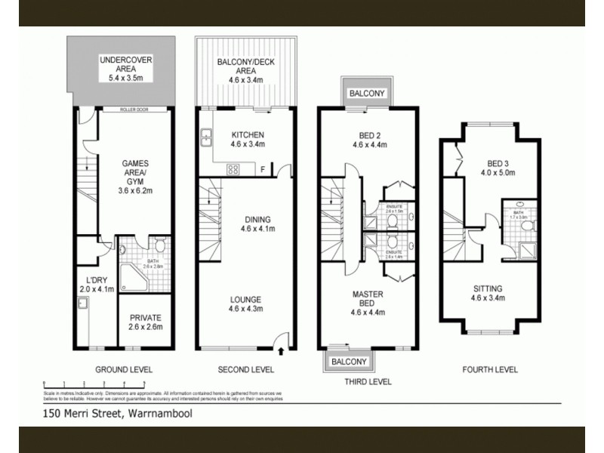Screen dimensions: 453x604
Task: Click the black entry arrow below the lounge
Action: [282, 350]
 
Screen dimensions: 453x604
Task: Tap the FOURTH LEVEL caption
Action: [491, 370]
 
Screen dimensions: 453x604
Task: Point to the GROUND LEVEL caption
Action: [124, 370]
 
